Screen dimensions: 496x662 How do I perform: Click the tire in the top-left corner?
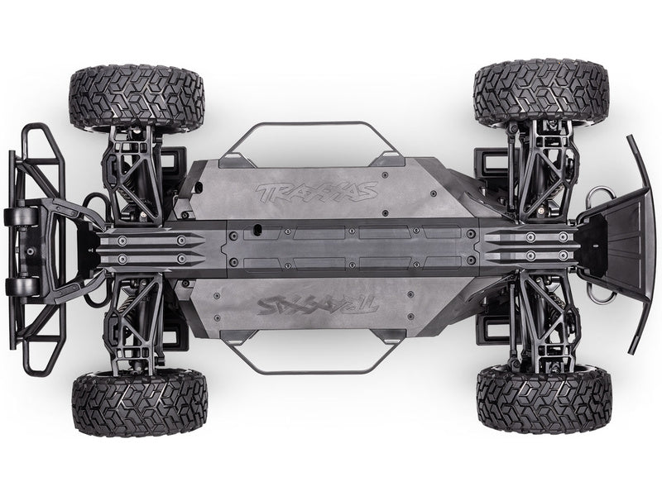(x=137, y=98)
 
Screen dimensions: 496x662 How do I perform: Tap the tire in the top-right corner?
(x=541, y=93)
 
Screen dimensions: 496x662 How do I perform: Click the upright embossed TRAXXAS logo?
(x=317, y=192)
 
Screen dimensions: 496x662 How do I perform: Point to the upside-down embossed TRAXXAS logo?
(x=317, y=306)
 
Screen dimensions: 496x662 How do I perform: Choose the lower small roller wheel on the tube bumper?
(x=20, y=286)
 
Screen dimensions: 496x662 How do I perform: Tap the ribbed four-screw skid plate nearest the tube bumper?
(x=149, y=248)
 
